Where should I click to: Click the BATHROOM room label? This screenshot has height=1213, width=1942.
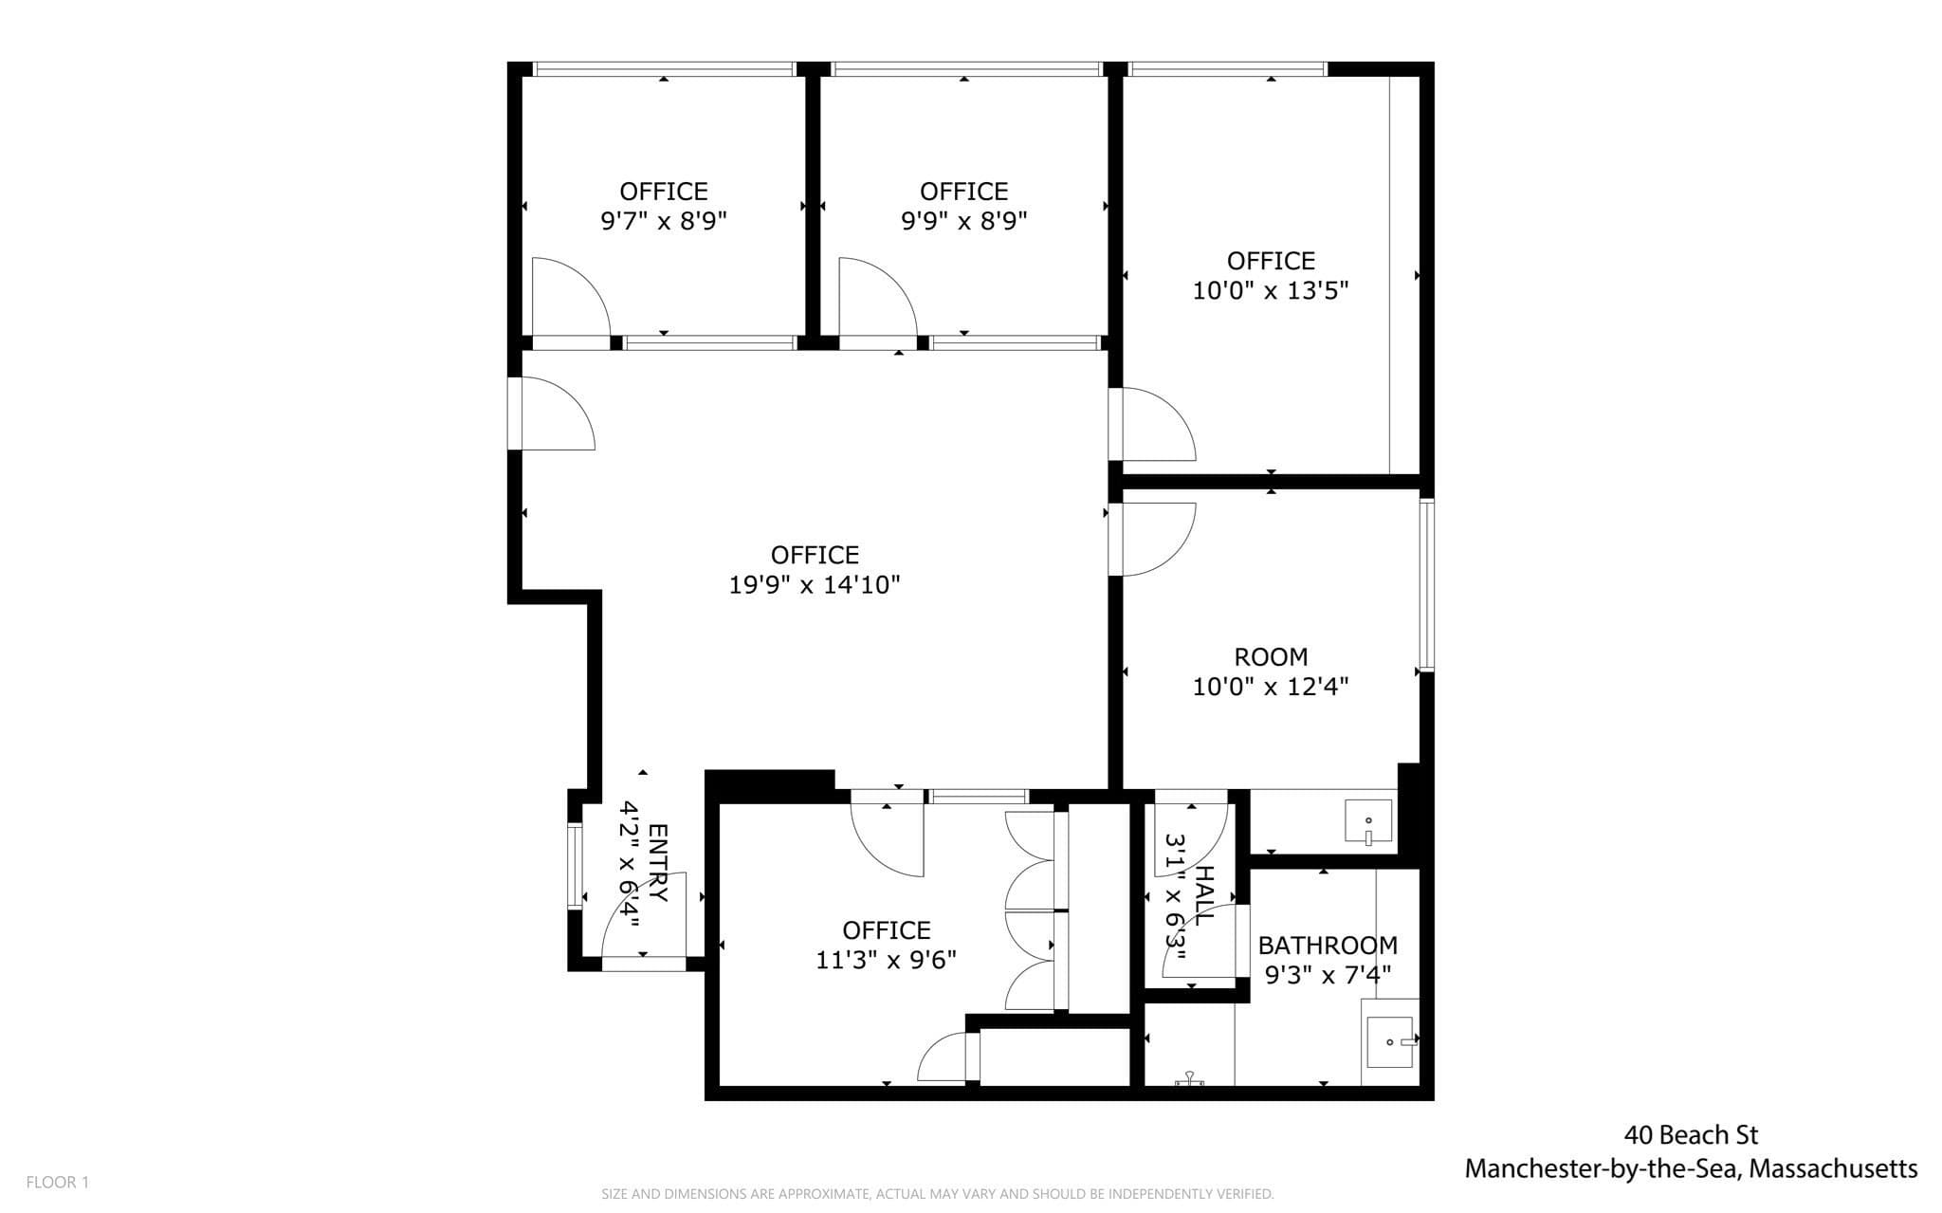[1328, 946]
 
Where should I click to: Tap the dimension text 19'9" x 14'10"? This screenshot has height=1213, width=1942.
[815, 585]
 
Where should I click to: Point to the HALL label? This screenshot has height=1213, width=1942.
[1203, 896]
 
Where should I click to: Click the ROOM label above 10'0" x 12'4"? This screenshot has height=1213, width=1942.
[1271, 656]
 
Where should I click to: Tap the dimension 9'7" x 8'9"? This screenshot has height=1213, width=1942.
[664, 221]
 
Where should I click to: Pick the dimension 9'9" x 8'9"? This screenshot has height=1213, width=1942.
[964, 221]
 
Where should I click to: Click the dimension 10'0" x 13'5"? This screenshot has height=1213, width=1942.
[1271, 290]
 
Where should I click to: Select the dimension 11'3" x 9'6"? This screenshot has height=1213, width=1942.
[887, 960]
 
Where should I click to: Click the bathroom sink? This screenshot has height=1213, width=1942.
[1390, 1041]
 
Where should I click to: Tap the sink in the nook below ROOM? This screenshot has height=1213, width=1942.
[1368, 821]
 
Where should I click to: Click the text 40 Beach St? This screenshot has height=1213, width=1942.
[1691, 1134]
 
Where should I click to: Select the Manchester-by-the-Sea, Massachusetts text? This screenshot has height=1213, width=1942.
[1691, 1169]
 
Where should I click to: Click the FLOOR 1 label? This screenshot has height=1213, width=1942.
[58, 1182]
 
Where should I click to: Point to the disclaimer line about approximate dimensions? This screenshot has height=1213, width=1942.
[938, 1194]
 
